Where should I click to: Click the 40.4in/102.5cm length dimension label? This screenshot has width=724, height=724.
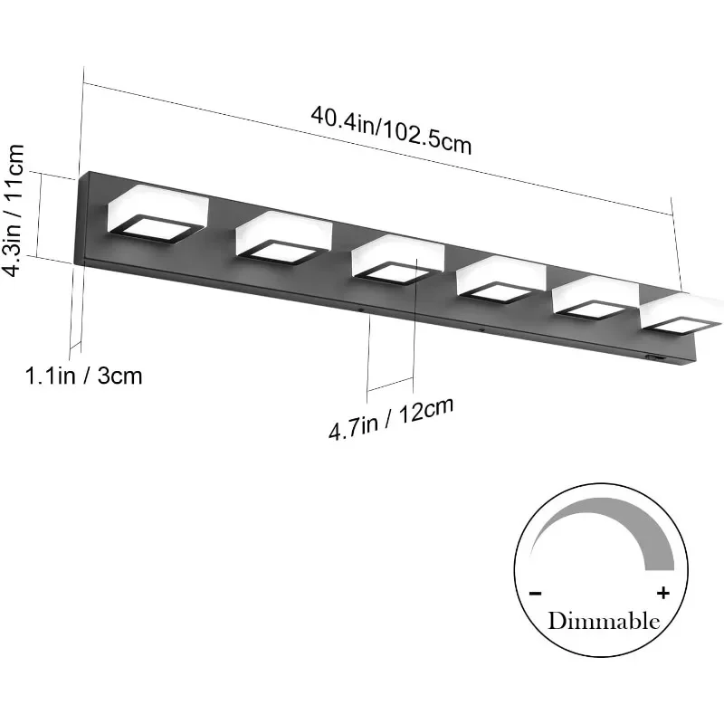(x=391, y=130)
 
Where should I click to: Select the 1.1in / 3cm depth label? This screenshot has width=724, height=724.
(x=83, y=375)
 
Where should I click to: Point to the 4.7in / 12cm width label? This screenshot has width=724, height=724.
(x=390, y=418)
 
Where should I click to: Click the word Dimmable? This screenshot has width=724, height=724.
(x=603, y=622)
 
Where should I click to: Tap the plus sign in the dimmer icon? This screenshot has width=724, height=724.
(x=663, y=594)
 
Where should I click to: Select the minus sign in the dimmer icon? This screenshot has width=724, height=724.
(x=536, y=594)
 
